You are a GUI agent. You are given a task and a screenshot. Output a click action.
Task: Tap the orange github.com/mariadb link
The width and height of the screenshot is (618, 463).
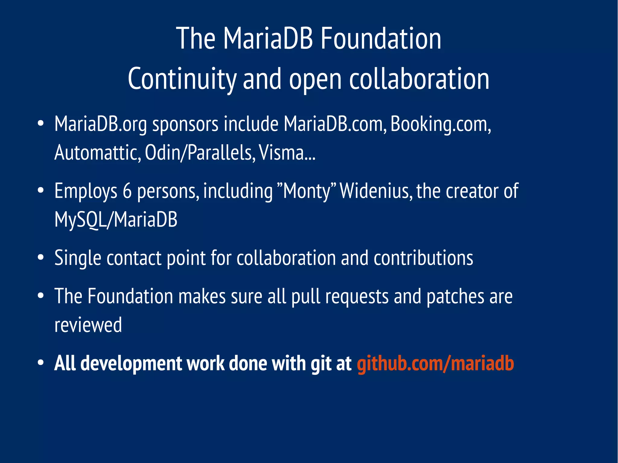435,363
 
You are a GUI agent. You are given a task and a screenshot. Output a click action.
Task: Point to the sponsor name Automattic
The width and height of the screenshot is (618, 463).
97,152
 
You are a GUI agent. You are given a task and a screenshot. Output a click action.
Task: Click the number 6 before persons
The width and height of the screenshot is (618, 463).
127,191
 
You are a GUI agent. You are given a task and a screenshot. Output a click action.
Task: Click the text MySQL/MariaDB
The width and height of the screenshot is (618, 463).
116,219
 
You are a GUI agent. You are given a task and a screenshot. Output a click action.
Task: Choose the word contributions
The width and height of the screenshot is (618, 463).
423,258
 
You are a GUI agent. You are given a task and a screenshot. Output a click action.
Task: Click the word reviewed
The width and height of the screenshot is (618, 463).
88,325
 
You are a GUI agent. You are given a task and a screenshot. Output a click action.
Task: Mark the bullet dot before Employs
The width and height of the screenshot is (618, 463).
41,191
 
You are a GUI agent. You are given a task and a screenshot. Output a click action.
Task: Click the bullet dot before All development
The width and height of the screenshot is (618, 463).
41,363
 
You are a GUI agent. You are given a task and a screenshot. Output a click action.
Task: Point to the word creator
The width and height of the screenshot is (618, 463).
472,191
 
